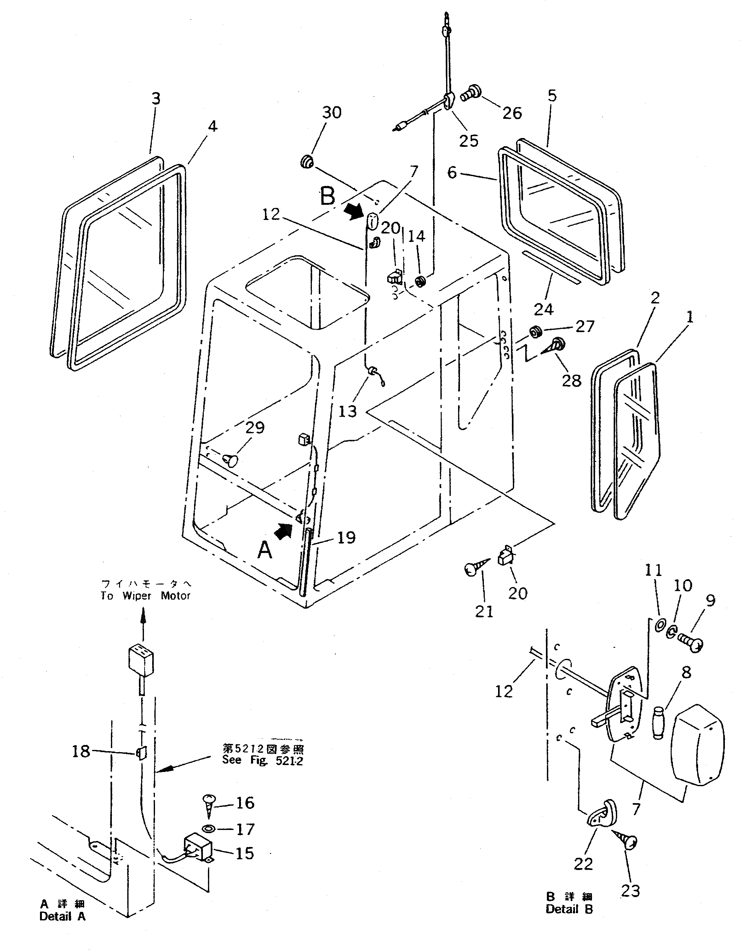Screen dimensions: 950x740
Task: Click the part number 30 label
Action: click(332, 113)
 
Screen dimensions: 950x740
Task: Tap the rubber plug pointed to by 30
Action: click(306, 163)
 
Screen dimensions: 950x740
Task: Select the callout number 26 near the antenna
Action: click(512, 113)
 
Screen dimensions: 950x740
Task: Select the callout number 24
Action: click(543, 309)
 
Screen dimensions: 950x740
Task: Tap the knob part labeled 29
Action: click(230, 459)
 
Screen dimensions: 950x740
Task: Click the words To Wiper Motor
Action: click(145, 596)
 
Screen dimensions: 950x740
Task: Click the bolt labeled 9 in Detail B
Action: click(690, 643)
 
